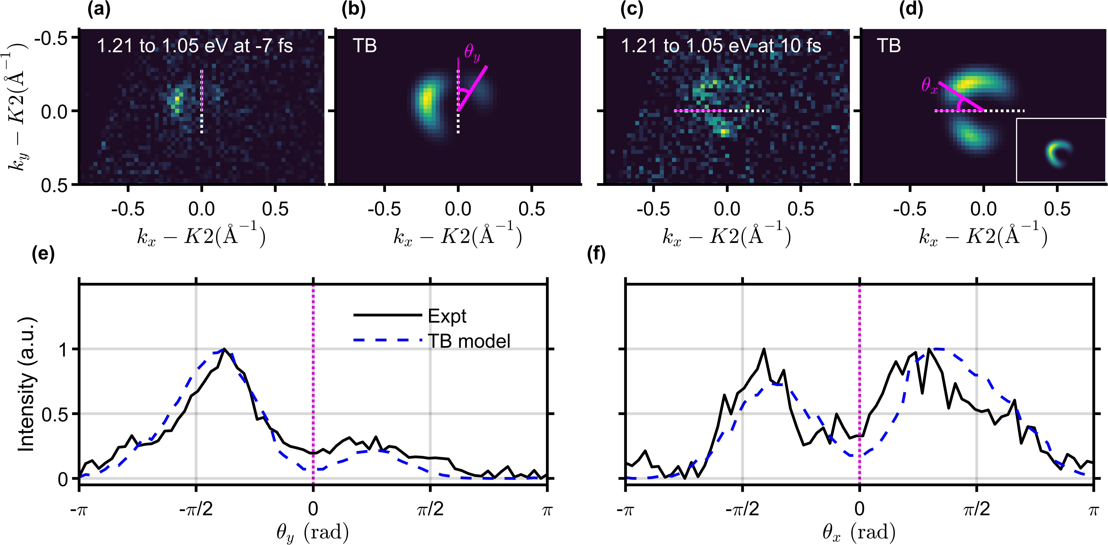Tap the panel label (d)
911,10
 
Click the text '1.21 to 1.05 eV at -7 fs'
194,46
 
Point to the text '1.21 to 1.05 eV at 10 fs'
721,46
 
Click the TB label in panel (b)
365,46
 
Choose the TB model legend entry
469,341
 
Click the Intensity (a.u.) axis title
27,384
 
